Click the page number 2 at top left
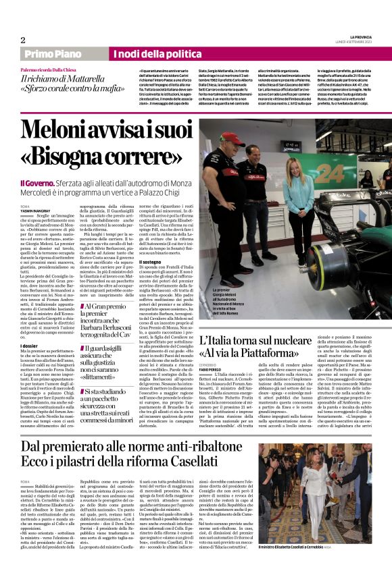[x=22, y=40]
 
